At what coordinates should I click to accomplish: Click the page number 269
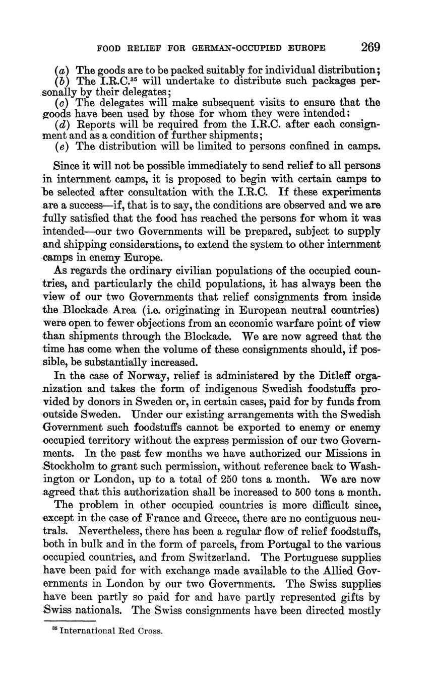pos(370,47)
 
